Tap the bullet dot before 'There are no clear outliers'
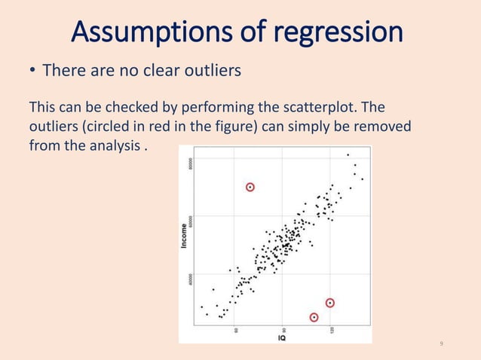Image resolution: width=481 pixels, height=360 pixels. click(x=32, y=72)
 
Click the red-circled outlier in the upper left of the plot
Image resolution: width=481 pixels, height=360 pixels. click(x=250, y=187)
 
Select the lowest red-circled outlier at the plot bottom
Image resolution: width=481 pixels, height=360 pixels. click(x=314, y=317)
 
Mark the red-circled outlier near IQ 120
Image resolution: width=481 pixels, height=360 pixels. click(x=330, y=303)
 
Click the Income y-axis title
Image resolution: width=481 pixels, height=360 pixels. click(x=185, y=233)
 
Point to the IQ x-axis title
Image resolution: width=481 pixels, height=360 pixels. click(x=281, y=338)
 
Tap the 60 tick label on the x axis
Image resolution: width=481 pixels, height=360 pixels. click(x=237, y=329)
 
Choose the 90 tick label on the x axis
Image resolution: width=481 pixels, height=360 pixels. click(x=283, y=329)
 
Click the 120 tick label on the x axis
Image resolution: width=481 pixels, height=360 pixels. click(x=329, y=329)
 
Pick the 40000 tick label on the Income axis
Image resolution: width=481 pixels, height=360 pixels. click(x=192, y=278)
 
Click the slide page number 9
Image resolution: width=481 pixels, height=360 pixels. click(x=441, y=344)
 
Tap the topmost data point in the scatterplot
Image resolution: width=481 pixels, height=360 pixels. click(x=348, y=155)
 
